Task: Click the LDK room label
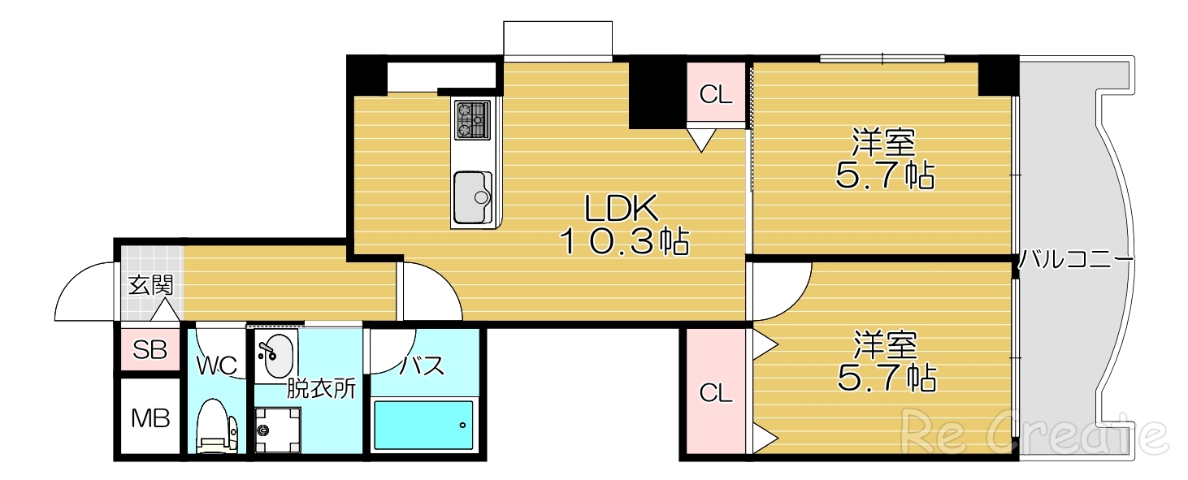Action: point(622,210)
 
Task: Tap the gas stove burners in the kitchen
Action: point(472,119)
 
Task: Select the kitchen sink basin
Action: point(472,196)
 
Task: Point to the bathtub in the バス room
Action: point(423,424)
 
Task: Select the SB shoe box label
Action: point(150,350)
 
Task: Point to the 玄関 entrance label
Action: point(150,285)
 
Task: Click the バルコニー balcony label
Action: point(1076,262)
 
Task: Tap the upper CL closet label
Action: point(716,95)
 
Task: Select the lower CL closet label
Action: point(716,394)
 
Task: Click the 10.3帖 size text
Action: point(624,241)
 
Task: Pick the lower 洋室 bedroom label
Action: point(885,346)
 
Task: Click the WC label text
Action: point(216,365)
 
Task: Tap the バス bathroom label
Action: point(423,365)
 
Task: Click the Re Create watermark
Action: point(1033,431)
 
